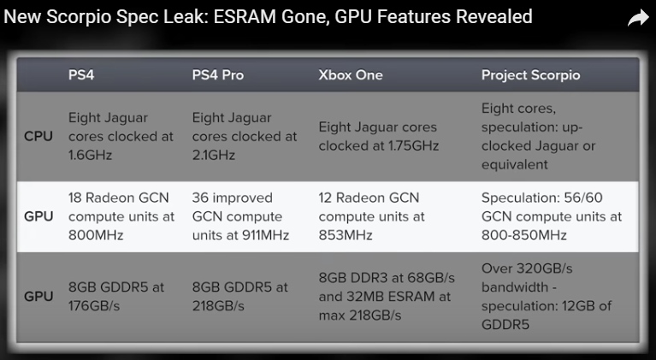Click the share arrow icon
638,18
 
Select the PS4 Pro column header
218,75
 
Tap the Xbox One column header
351,75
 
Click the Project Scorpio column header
530,75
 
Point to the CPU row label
38,136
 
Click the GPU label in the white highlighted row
38,216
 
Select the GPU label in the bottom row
38,297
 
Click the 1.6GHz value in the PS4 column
91,155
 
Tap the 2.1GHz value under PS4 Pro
214,155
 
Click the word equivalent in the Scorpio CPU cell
515,164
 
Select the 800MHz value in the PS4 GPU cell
96,235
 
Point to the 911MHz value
266,235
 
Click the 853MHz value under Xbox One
346,235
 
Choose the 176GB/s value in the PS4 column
94,305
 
